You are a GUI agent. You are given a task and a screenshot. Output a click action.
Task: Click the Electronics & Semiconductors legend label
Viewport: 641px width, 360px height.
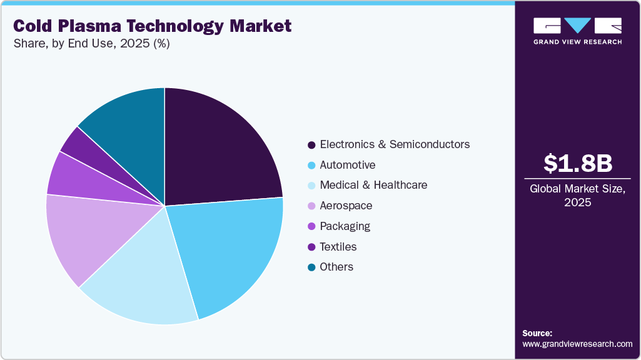[395, 144]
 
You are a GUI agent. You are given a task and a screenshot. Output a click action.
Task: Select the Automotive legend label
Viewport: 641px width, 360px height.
[348, 165]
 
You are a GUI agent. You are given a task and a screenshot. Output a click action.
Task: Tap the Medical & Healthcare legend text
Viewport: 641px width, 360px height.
[373, 185]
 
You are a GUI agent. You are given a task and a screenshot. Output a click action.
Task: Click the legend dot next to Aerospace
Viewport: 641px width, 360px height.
[311, 206]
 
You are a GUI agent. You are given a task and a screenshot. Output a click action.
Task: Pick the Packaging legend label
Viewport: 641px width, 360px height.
[345, 226]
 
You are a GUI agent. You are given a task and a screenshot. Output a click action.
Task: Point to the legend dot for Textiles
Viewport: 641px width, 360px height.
[311, 247]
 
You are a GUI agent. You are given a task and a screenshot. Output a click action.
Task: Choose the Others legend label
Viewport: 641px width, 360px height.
[336, 267]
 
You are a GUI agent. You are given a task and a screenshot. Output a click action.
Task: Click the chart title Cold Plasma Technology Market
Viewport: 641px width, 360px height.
[152, 26]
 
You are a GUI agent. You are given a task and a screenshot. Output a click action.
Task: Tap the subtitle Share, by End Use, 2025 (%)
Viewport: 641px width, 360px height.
[91, 44]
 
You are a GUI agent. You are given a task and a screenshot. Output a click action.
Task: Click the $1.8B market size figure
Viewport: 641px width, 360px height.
[577, 163]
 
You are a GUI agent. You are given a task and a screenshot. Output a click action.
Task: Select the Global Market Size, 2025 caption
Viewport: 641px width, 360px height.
[577, 196]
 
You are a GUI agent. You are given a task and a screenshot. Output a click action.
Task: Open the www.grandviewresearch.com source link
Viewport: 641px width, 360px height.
[577, 344]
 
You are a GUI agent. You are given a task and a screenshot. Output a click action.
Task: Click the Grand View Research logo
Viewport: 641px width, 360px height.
[577, 31]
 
